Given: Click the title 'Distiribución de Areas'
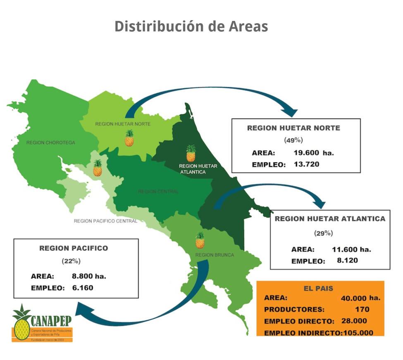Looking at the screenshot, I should pyautogui.click(x=191, y=26).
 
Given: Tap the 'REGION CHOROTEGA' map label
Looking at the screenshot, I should pyautogui.click(x=51, y=143).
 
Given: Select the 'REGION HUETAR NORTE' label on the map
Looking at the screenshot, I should pyautogui.click(x=123, y=124).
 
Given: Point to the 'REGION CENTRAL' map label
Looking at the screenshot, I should pyautogui.click(x=158, y=192).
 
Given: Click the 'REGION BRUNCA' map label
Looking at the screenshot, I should pyautogui.click(x=215, y=255).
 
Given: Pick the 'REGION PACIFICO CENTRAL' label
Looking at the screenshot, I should pyautogui.click(x=105, y=221).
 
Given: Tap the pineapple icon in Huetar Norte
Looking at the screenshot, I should pyautogui.click(x=129, y=138).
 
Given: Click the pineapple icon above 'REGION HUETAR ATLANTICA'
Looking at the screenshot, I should pyautogui.click(x=191, y=153).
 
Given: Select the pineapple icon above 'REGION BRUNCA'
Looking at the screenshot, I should pyautogui.click(x=200, y=240).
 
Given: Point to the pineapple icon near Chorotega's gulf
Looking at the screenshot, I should pyautogui.click(x=98, y=168).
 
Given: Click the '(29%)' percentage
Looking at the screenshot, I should pyautogui.click(x=323, y=233).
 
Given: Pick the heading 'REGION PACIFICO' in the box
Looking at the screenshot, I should pyautogui.click(x=74, y=248).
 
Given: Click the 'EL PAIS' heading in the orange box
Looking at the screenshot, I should pyautogui.click(x=318, y=289).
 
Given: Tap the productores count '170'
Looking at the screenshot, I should pyautogui.click(x=362, y=309).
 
